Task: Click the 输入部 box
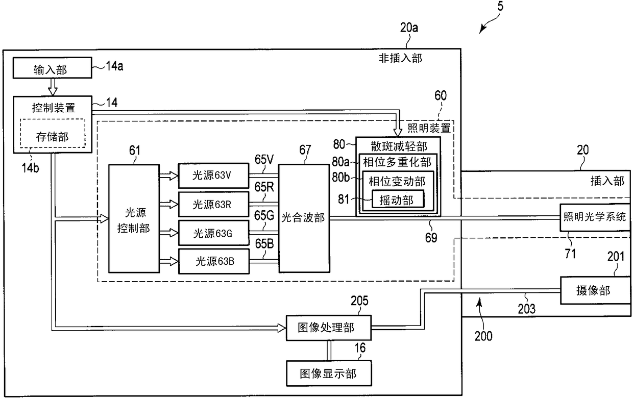tap(52, 68)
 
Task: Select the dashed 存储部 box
tap(53, 133)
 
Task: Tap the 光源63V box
tap(213, 176)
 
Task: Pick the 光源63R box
tap(213, 205)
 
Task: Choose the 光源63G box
tap(213, 233)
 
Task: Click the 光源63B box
tap(213, 261)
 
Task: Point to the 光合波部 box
tap(304, 218)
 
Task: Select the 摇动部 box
tap(398, 199)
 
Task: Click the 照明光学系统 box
tap(595, 217)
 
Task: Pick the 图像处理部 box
tap(329, 328)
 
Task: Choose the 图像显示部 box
tap(329, 373)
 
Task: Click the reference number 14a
tap(114, 66)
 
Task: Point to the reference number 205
tap(359, 301)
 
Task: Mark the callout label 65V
tap(264, 160)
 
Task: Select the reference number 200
tap(483, 336)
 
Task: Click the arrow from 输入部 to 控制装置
tap(53, 87)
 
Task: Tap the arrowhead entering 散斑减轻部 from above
tap(398, 133)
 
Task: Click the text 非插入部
tap(400, 58)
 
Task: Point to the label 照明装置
tap(429, 128)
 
